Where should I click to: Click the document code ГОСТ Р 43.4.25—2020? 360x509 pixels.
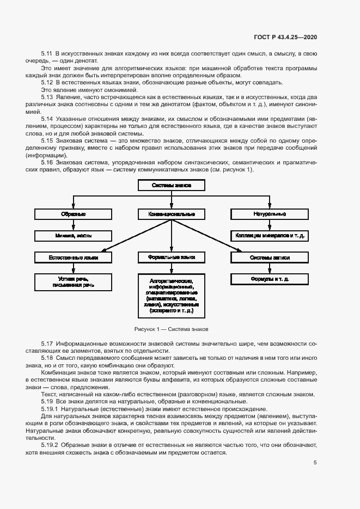coord(285,37)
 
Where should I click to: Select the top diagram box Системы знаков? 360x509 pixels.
coord(172,186)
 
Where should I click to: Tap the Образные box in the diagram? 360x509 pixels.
coord(74,214)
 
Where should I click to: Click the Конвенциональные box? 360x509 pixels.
coord(172,214)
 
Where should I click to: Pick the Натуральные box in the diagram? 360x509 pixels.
coord(270,214)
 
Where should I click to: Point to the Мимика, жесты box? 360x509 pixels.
coord(74,236)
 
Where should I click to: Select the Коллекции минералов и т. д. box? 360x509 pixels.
coord(270,236)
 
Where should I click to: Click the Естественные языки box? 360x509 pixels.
coord(74,257)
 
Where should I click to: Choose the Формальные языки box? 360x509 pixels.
coord(172,257)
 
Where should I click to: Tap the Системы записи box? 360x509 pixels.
coord(270,257)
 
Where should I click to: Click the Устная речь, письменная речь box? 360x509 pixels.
coord(74,281)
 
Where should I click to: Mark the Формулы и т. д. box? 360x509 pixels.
coord(270,279)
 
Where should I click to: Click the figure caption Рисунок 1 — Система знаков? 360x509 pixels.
coord(171,329)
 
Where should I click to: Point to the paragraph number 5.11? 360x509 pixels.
coord(47,53)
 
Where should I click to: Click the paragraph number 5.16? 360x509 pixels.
coord(47,163)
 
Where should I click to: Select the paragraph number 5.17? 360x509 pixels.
coord(47,344)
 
